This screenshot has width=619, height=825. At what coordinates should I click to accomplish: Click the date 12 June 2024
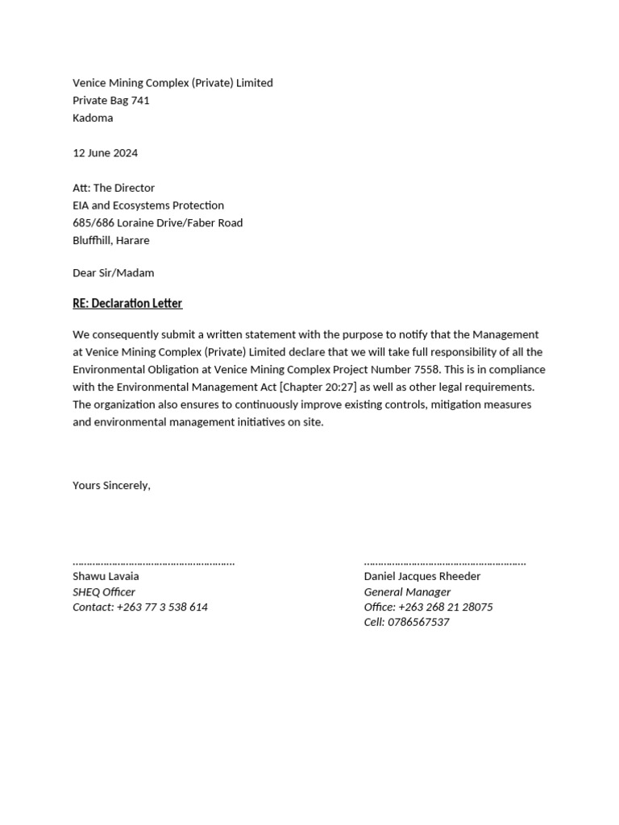click(105, 153)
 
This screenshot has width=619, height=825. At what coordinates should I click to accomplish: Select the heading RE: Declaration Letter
click(127, 304)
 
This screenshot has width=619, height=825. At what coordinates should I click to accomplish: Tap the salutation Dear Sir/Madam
click(113, 273)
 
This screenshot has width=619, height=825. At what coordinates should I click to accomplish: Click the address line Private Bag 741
click(111, 101)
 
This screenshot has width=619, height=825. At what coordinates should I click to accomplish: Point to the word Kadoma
click(93, 118)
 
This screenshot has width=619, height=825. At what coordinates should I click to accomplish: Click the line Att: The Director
click(114, 188)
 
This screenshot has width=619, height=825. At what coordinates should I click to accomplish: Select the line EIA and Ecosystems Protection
click(148, 205)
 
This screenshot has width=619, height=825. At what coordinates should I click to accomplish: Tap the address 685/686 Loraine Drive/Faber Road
click(157, 223)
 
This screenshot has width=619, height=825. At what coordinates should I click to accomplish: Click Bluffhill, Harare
click(110, 241)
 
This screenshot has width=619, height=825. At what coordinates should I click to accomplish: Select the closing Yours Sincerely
click(111, 486)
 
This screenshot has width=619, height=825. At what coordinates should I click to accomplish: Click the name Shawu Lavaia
click(106, 577)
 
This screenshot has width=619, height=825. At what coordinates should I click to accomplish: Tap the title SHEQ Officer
click(104, 592)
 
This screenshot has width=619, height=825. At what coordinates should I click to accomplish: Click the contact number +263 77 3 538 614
click(162, 607)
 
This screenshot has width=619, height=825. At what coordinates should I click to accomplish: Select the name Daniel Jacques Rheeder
click(422, 577)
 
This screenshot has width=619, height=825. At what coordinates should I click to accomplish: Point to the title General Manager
click(407, 592)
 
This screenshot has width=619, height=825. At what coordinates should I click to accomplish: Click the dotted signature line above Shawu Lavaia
click(153, 562)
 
